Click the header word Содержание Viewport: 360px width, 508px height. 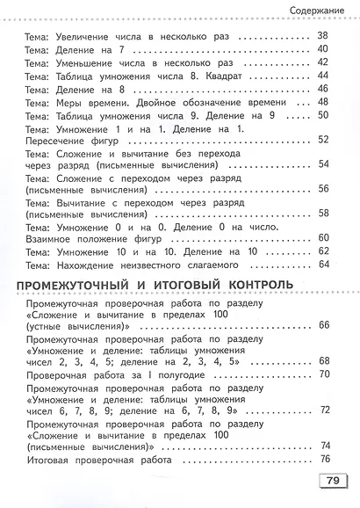pyautogui.click(x=316, y=10)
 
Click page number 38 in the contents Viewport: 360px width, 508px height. pyautogui.click(x=321, y=36)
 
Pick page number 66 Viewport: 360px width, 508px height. pyautogui.click(x=324, y=325)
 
